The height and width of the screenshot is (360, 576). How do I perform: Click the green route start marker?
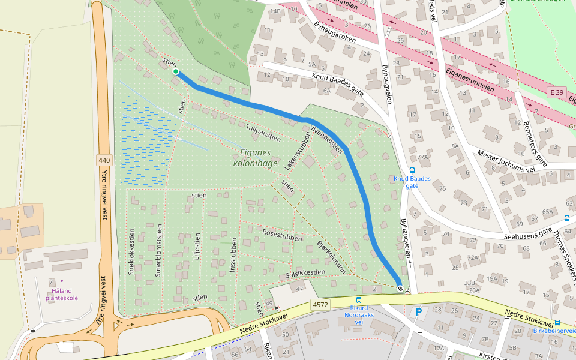(x=176, y=72)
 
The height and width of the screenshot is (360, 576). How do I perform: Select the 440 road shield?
(x=104, y=160)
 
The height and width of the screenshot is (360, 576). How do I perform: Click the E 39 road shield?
(x=557, y=92)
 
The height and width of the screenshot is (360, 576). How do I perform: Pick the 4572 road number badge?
(x=320, y=305)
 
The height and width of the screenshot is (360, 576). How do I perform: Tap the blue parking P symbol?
(x=418, y=311)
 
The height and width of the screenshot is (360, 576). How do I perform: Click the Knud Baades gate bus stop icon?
(x=412, y=170)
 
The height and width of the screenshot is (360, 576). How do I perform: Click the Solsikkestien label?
(x=305, y=272)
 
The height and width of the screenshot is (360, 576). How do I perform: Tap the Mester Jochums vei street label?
(x=505, y=161)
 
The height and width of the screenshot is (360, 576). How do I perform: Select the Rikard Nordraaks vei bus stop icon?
(x=359, y=299)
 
